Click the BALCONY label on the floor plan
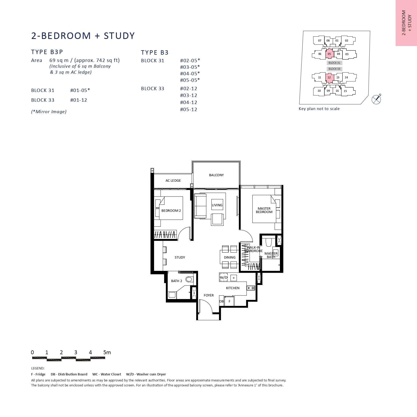[216, 175]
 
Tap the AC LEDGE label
[173, 180]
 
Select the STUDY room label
[180, 257]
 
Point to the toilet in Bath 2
[189, 279]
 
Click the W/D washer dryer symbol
[224, 277]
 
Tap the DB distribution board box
[221, 301]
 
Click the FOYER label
[209, 295]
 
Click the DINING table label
[229, 257]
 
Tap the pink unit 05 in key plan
[329, 54]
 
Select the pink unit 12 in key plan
[329, 77]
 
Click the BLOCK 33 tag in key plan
[334, 69]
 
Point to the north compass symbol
[376, 99]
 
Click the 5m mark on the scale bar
[107, 352]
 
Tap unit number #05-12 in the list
[188, 110]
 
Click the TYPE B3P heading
[47, 52]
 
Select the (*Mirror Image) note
[49, 112]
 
